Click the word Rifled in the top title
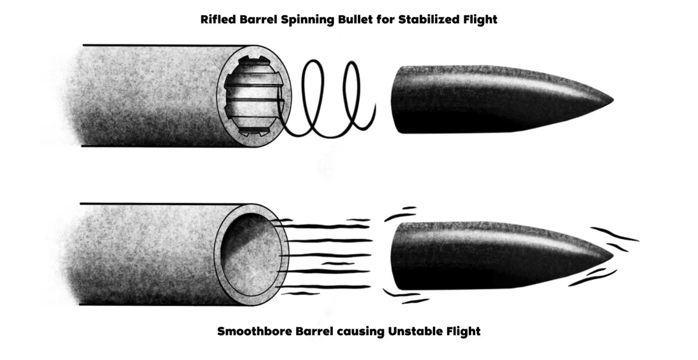point(219,19)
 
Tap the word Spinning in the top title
point(308,20)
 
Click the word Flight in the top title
point(480,20)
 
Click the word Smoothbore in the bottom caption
point(255,331)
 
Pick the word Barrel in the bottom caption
point(315,331)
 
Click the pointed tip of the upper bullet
point(613,100)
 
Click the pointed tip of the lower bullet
point(613,256)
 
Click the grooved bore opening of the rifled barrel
point(255,96)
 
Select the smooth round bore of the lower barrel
point(251,255)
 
